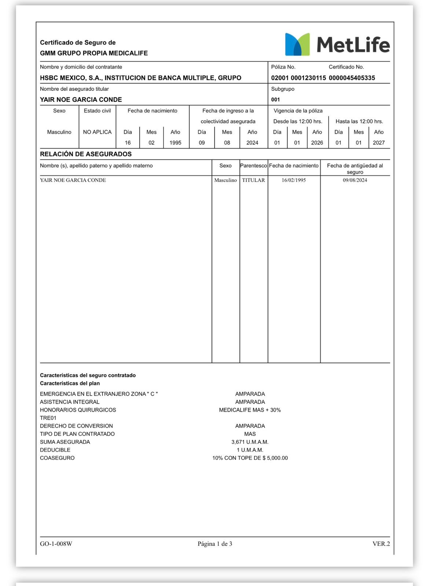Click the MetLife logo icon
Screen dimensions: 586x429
pyautogui.click(x=297, y=44)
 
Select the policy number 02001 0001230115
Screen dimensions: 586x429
pyautogui.click(x=298, y=78)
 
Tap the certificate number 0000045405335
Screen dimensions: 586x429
pyautogui.click(x=352, y=78)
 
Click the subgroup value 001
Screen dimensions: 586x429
pyautogui.click(x=275, y=100)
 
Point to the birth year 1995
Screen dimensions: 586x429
pyautogui.click(x=175, y=143)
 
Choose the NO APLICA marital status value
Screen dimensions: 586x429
pyautogui.click(x=97, y=132)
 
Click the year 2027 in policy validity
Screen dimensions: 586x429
pyautogui.click(x=378, y=143)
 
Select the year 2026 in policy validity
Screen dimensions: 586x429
pyautogui.click(x=317, y=143)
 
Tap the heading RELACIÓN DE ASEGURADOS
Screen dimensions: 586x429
pyautogui.click(x=86, y=154)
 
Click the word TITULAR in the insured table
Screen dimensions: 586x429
pyautogui.click(x=253, y=180)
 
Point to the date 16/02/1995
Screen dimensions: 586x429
pyautogui.click(x=294, y=180)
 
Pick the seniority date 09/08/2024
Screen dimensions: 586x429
pyautogui.click(x=355, y=180)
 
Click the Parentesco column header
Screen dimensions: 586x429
pyautogui.click(x=253, y=166)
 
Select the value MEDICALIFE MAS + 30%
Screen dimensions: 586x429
pyautogui.click(x=250, y=410)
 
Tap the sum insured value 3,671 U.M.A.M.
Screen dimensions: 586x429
pyautogui.click(x=250, y=442)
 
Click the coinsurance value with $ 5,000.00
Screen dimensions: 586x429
pyautogui.click(x=250, y=458)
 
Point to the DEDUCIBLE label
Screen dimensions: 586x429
pyautogui.click(x=55, y=450)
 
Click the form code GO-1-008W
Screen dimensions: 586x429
pyautogui.click(x=56, y=544)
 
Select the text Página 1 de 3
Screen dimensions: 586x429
pyautogui.click(x=215, y=544)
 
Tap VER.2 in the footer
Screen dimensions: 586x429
pyautogui.click(x=381, y=544)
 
